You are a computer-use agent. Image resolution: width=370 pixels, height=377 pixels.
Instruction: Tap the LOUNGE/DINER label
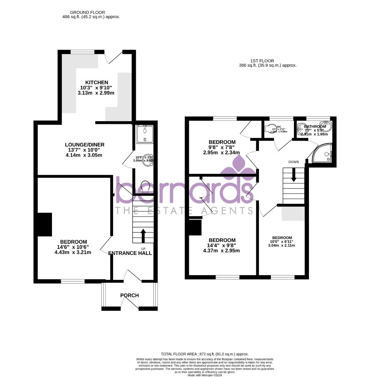click(84, 145)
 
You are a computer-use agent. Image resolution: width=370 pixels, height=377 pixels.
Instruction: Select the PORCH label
click(129, 295)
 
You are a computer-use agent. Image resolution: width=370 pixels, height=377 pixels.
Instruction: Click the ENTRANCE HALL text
click(130, 253)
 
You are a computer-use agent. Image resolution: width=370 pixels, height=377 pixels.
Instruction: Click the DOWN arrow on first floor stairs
click(294, 175)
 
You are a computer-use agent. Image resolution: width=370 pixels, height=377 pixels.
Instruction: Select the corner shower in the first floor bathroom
click(323, 154)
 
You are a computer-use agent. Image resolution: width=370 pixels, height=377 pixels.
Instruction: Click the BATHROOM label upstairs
click(315, 126)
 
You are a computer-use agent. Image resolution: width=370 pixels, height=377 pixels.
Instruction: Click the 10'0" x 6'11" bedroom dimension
click(282, 242)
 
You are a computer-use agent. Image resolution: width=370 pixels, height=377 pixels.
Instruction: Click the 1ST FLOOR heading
click(261, 61)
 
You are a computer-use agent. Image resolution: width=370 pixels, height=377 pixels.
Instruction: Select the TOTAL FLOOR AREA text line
click(205, 354)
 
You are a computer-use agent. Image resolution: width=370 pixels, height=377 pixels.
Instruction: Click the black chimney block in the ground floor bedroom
click(45, 224)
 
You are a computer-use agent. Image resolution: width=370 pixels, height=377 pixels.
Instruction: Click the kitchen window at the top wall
click(83, 52)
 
